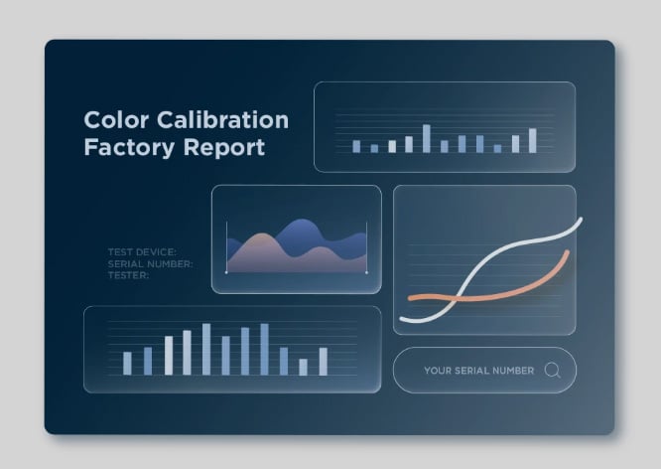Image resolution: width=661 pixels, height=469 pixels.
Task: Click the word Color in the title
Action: tap(116, 120)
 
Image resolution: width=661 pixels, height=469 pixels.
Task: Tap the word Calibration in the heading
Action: tap(223, 120)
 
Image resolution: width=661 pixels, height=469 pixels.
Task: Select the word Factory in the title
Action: tap(129, 148)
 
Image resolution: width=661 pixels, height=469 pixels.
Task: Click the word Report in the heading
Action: tap(224, 148)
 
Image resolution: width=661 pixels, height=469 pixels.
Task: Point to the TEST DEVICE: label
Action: tap(142, 252)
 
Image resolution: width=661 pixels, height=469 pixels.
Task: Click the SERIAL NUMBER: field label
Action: tap(150, 264)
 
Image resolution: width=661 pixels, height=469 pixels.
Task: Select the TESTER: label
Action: tap(128, 275)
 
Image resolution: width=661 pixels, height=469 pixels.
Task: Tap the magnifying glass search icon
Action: tap(552, 371)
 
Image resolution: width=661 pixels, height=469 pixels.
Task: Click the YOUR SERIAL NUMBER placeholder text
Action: tap(479, 371)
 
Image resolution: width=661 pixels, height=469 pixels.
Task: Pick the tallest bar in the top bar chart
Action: tap(427, 138)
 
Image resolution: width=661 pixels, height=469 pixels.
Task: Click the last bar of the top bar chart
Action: tap(533, 140)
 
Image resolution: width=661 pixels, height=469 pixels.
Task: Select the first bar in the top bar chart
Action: tap(356, 146)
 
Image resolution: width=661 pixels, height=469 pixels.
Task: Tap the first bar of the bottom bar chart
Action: tap(127, 364)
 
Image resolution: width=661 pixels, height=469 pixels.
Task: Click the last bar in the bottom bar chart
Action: tap(324, 362)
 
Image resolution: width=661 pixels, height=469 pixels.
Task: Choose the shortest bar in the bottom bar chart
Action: tap(303, 367)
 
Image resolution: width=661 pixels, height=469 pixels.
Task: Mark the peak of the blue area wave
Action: tap(300, 220)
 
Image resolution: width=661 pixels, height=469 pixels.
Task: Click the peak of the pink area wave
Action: tap(263, 234)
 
